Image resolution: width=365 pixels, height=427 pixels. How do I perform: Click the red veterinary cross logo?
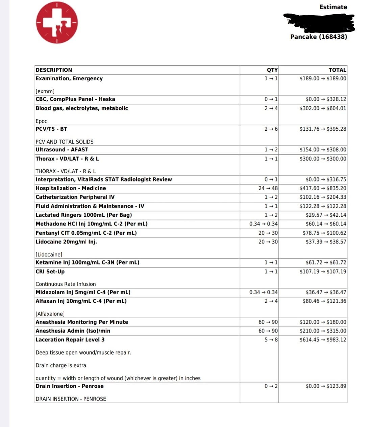(x=57, y=23)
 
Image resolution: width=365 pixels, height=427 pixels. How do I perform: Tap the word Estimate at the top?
(x=333, y=7)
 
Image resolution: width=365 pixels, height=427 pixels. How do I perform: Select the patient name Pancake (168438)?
(x=318, y=37)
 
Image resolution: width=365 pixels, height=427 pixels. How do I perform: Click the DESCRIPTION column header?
(x=54, y=70)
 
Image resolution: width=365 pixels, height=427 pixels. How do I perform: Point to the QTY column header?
(x=272, y=70)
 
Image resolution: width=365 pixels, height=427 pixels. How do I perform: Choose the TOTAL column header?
(x=337, y=70)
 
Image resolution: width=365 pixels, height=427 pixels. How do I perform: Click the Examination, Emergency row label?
(x=69, y=79)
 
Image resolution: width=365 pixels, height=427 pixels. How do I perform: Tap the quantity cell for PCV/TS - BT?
(x=271, y=129)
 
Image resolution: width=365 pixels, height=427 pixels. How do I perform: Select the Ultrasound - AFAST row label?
(x=62, y=150)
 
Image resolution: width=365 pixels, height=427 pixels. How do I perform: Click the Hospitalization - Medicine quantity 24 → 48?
(x=268, y=188)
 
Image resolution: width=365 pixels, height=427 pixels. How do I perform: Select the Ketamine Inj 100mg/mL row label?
(x=87, y=262)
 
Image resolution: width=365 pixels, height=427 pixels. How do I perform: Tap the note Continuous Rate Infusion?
(x=66, y=284)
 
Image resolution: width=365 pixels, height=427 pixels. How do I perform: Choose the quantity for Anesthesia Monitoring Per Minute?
(x=268, y=322)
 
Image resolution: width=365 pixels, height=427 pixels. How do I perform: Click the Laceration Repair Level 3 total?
(x=323, y=340)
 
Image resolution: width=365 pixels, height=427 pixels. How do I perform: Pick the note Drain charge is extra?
(x=62, y=365)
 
